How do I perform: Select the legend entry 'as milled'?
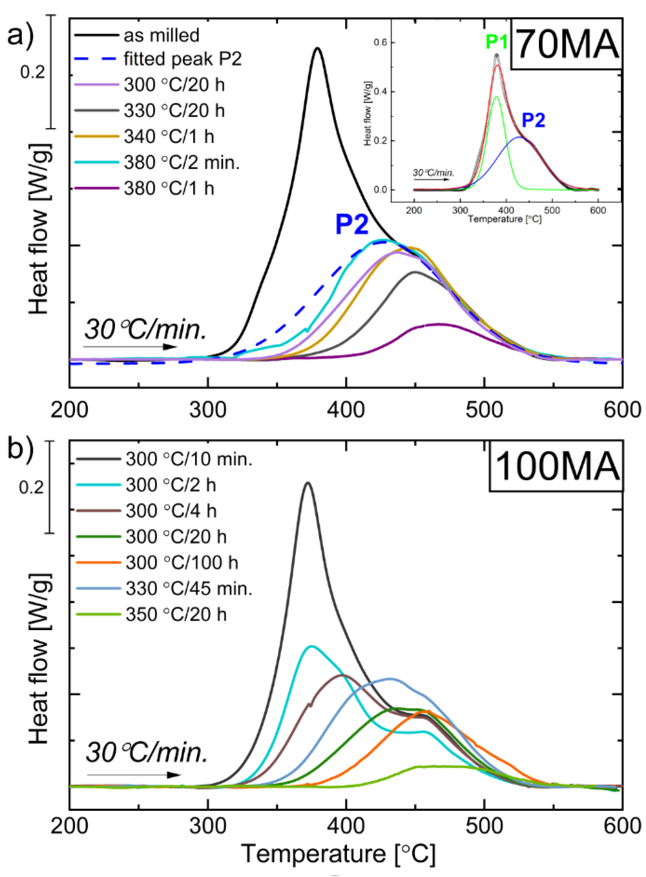point(161,35)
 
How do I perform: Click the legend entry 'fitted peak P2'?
point(182,59)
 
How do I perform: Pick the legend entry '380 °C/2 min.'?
point(181,162)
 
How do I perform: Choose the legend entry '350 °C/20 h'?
point(176,614)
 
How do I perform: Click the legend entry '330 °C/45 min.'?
point(189,589)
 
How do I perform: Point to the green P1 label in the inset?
point(496,42)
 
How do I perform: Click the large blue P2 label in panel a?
point(352,225)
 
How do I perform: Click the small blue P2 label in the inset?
point(534,120)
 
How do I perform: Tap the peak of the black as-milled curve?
point(317,49)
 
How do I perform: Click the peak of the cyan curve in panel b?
point(311,646)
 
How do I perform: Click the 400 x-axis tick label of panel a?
point(346,410)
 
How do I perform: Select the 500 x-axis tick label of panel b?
point(484,826)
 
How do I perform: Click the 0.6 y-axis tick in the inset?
point(380,42)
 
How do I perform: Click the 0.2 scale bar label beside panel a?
point(33,72)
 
